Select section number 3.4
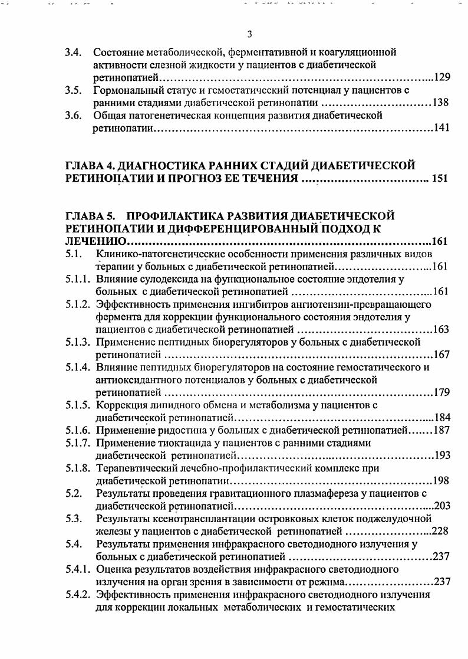click(x=73, y=52)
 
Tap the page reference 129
click(x=441, y=77)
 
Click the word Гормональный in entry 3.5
click(x=124, y=90)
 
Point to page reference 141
click(x=441, y=128)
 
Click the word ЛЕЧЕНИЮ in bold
click(x=94, y=241)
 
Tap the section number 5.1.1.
click(x=78, y=279)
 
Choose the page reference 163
click(x=441, y=329)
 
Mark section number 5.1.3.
click(x=78, y=342)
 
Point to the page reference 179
click(x=441, y=392)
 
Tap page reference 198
click(x=441, y=480)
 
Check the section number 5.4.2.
click(x=78, y=595)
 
